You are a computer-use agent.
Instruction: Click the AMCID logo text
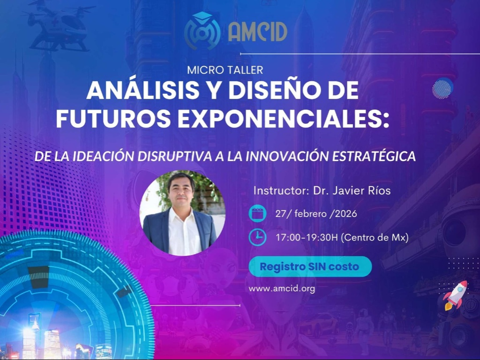click(x=257, y=31)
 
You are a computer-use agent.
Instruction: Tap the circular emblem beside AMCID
click(x=202, y=31)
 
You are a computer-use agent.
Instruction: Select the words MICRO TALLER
click(x=225, y=70)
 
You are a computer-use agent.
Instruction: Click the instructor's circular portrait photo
click(x=182, y=213)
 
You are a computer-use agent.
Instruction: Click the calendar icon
click(x=257, y=214)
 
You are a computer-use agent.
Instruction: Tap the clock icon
click(x=257, y=237)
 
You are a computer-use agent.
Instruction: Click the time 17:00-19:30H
click(x=307, y=237)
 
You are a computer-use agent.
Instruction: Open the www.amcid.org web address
click(x=282, y=288)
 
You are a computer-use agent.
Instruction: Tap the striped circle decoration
click(x=442, y=88)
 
